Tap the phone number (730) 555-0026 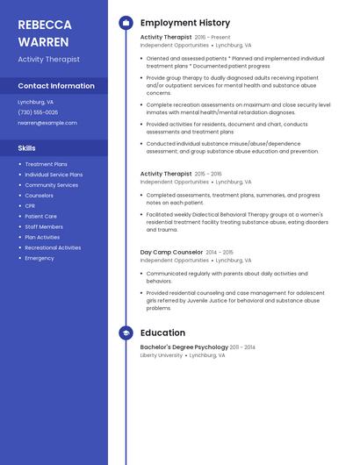click(38, 112)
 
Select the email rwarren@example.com click(47, 123)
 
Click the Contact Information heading click(56, 86)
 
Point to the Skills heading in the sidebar click(27, 148)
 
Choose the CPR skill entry click(31, 206)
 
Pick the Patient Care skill click(40, 217)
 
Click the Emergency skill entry click(40, 258)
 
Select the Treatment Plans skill click(46, 164)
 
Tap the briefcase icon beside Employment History click(126, 23)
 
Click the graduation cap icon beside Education click(126, 333)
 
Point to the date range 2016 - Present click(212, 38)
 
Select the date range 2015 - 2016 click(208, 175)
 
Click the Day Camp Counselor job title click(171, 253)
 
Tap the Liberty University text click(162, 355)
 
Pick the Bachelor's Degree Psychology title click(184, 347)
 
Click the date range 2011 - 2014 click(242, 347)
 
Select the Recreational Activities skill click(53, 247)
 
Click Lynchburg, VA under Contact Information click(35, 102)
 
